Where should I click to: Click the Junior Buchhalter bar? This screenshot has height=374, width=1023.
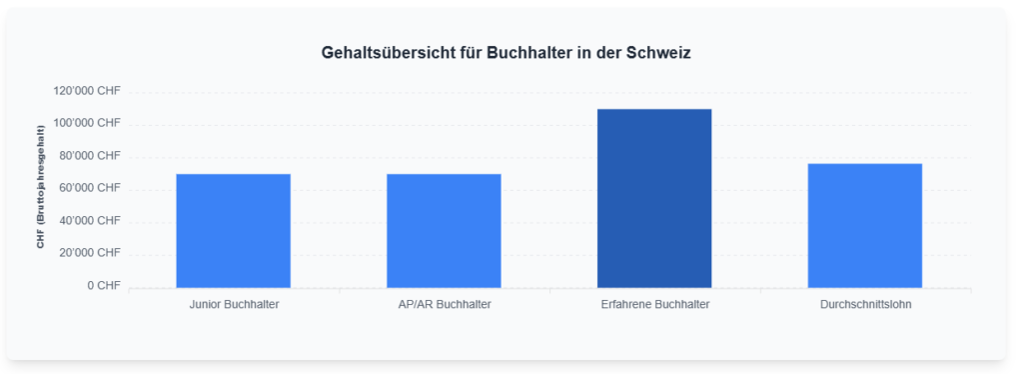tap(233, 231)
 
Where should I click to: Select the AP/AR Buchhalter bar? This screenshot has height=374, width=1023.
tap(444, 231)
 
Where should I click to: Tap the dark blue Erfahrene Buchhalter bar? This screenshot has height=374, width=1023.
tap(654, 198)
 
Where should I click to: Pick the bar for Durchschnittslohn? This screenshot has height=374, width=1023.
tap(865, 226)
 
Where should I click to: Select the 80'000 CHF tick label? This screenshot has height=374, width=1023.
tap(90, 156)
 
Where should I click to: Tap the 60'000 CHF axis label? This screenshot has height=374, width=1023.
tap(90, 188)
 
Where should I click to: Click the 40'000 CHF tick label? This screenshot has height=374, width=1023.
tap(90, 220)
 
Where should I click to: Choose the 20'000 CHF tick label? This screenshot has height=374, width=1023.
tap(90, 253)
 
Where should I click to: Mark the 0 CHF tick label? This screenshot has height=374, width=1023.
tap(103, 285)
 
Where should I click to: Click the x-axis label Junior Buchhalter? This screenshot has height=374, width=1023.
tap(234, 304)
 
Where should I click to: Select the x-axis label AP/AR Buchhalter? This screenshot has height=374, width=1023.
tap(444, 304)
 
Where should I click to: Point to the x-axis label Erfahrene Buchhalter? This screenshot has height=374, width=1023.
tap(654, 304)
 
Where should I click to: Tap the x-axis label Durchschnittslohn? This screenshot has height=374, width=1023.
tap(865, 304)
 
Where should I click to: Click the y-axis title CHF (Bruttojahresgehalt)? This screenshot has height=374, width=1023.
tap(41, 187)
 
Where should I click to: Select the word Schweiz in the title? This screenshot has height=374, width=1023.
tap(658, 53)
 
